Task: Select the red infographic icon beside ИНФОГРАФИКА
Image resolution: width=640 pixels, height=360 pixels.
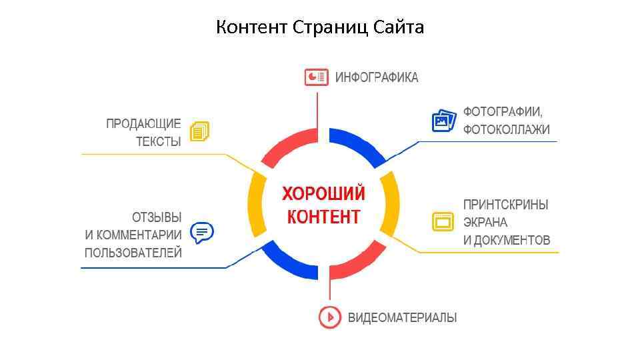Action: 316,77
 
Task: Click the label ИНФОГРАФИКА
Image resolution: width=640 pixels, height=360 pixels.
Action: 377,77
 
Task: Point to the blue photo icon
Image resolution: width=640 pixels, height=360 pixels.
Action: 443,121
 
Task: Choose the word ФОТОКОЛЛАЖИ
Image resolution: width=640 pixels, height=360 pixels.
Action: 507,129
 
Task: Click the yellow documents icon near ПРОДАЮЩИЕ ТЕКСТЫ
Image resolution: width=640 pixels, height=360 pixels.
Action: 199,131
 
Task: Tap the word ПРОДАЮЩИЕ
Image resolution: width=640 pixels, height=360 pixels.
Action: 143,123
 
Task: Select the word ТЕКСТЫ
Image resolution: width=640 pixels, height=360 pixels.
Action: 159,141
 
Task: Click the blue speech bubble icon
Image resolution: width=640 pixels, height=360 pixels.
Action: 202,233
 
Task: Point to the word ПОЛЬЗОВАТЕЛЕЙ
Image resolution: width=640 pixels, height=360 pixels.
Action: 133,253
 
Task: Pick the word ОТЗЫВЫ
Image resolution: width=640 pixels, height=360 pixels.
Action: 157,217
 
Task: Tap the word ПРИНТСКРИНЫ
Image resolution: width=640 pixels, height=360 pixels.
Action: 506,205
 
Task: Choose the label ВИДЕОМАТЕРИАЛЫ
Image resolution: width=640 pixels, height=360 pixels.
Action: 402,317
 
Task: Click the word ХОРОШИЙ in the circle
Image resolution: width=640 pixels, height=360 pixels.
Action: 323,194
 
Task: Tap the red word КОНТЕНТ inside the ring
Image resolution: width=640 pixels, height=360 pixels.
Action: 323,216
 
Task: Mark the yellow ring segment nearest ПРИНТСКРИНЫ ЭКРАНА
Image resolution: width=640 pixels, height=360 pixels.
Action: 391,203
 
